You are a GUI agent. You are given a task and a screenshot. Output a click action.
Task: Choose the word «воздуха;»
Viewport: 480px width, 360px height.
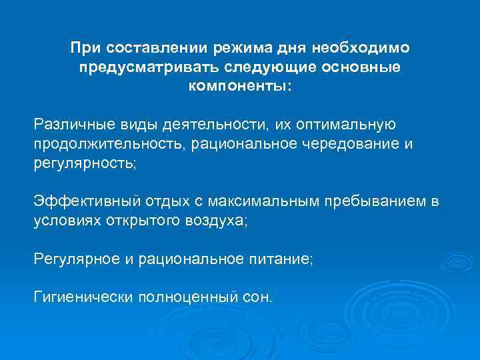(x=217, y=221)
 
